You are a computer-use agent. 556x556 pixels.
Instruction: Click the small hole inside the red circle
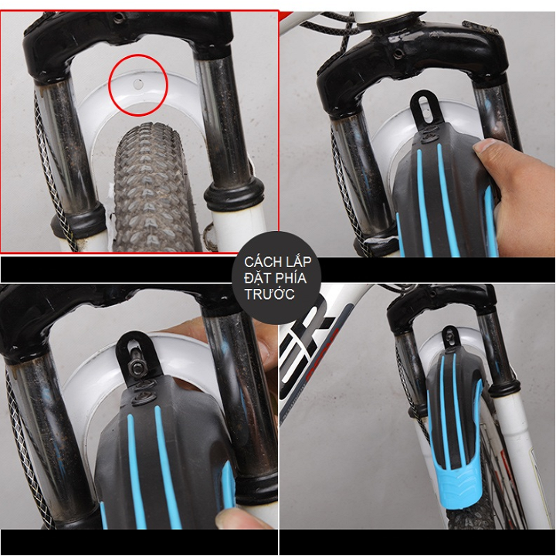coord(137,84)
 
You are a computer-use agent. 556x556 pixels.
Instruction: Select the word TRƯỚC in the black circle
coord(270,294)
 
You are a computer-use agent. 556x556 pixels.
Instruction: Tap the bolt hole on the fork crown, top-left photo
coord(118,17)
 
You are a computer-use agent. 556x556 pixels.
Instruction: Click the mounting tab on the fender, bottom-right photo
coord(450,339)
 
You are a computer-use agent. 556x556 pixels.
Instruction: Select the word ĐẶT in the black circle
coord(256,278)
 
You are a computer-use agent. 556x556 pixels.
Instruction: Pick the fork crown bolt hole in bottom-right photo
coord(432,293)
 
